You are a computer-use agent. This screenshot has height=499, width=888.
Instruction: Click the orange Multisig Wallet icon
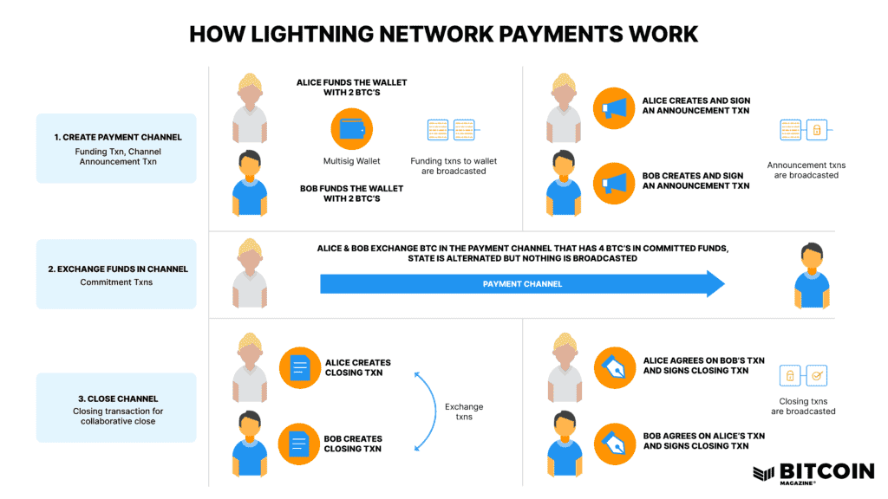pyautogui.click(x=351, y=130)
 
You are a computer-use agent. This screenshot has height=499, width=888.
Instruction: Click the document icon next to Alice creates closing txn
pyautogui.click(x=300, y=369)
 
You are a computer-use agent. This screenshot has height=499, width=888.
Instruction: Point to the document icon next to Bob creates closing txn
pyautogui.click(x=300, y=444)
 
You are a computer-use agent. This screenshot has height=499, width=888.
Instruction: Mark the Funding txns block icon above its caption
pyautogui.click(x=453, y=131)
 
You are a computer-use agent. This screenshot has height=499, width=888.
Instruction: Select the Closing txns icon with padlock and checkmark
pyautogui.click(x=803, y=376)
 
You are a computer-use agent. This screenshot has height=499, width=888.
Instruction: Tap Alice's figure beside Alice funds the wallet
pyautogui.click(x=250, y=107)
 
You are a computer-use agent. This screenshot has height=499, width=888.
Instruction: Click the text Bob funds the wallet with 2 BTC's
pyautogui.click(x=351, y=192)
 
